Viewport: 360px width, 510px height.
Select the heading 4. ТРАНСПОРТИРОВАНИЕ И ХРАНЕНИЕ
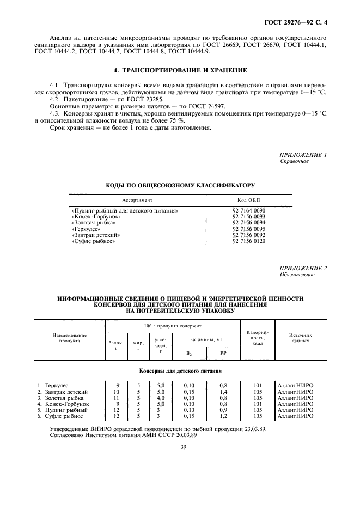(180, 70)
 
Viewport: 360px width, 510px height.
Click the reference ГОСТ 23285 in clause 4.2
(132, 100)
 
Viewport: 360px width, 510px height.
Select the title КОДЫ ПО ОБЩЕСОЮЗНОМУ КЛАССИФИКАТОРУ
(180, 186)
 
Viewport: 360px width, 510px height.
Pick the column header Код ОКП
(248, 200)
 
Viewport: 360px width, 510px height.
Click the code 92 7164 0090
(248, 210)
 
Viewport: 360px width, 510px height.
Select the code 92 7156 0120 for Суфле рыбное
(248, 241)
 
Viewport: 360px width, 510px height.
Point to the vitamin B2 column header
(188, 353)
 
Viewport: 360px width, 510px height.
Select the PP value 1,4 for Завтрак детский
(223, 392)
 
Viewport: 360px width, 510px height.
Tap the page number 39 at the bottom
(180, 447)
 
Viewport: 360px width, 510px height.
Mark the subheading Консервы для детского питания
(180, 371)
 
